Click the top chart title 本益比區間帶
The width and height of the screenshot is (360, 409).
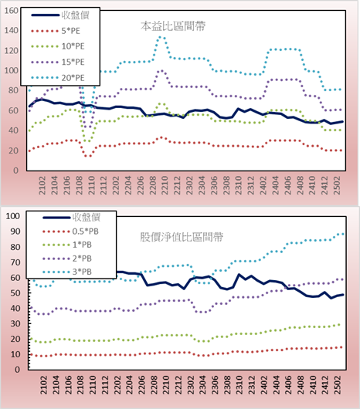point(173,26)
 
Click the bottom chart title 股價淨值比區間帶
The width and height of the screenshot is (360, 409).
point(182,237)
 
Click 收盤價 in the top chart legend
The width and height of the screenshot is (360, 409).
point(76,15)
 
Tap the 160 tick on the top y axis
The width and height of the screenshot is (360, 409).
point(11,11)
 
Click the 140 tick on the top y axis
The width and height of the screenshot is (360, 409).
point(11,31)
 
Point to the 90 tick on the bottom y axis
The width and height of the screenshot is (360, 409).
point(15,232)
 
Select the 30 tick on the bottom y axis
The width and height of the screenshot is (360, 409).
point(15,323)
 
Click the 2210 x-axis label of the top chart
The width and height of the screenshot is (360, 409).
point(165,185)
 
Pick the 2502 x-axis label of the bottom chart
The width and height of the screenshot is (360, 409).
point(338,385)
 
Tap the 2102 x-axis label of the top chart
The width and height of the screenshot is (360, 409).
point(42,185)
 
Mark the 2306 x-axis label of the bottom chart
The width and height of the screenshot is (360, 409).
point(215,385)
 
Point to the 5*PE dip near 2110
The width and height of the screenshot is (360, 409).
point(88,156)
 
